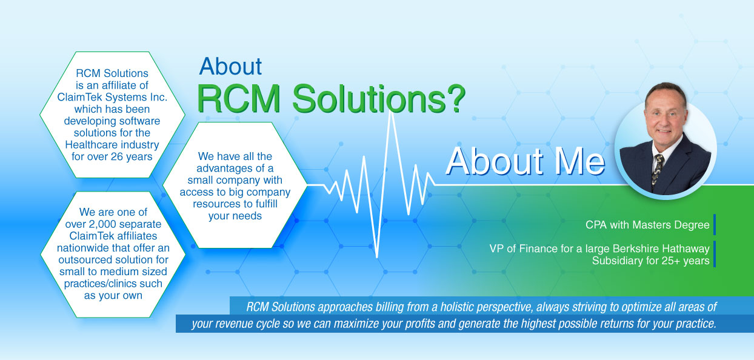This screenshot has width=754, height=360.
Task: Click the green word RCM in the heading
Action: point(239,99)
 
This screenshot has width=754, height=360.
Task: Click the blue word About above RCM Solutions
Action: point(230,66)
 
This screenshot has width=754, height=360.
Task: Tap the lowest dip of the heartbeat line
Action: point(377,256)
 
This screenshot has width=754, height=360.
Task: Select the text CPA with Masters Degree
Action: point(647,225)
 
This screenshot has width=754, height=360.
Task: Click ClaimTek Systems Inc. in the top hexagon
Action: point(112,97)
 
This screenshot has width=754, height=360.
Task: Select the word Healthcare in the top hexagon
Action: point(89,145)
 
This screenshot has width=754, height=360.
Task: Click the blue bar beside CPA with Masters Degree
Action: point(714,224)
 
